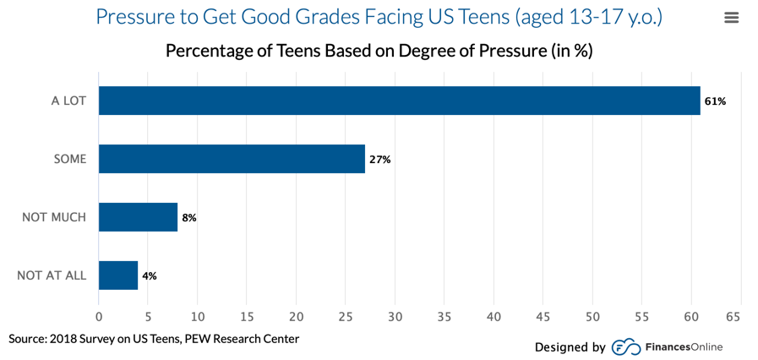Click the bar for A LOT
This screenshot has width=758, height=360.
pos(399,101)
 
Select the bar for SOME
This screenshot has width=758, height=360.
pos(232,159)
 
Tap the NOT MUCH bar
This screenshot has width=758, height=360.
pos(138,217)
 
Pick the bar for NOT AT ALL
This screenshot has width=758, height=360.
pos(118,275)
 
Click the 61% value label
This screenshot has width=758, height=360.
pos(715,101)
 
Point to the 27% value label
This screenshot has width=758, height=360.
pos(379,160)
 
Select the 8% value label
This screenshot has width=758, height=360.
pos(189,218)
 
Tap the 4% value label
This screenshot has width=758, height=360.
pos(150,276)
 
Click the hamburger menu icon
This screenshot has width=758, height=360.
pos(732,18)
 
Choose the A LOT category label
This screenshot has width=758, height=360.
pos(68,101)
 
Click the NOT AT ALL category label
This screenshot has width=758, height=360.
pos(52,275)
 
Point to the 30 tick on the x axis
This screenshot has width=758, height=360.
pos(395,317)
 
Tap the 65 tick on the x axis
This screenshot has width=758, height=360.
pos(733,317)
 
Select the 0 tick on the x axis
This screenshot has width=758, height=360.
pos(99,317)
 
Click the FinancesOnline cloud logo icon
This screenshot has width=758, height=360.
pos(626,346)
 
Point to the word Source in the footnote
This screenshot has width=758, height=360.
pos(27,339)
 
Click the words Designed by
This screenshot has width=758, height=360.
pos(570,346)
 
